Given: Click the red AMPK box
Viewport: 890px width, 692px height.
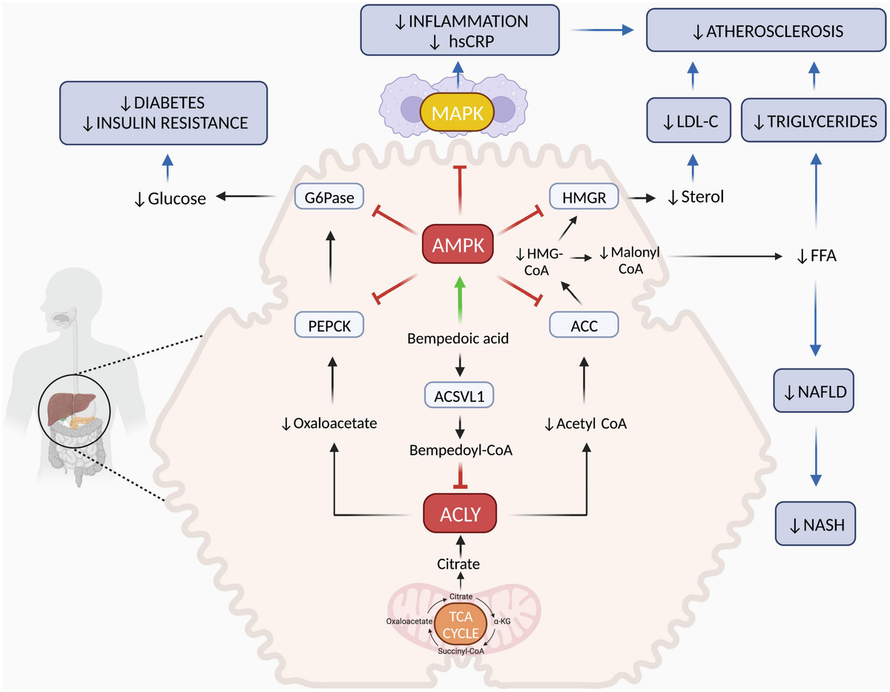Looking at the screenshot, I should (458, 243).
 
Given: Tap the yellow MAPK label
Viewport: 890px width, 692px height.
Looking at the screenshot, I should (458, 113).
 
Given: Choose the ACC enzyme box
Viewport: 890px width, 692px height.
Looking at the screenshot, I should (584, 323).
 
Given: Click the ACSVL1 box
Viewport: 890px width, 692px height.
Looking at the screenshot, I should (459, 395).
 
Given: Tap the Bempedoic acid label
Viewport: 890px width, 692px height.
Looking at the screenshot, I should (459, 339).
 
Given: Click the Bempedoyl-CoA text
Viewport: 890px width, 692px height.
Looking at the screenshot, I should (459, 449).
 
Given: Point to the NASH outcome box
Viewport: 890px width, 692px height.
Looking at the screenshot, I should (814, 527).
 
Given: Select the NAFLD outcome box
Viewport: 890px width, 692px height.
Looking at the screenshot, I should (814, 389).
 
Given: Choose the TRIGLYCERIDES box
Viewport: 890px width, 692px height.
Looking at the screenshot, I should (814, 120).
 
